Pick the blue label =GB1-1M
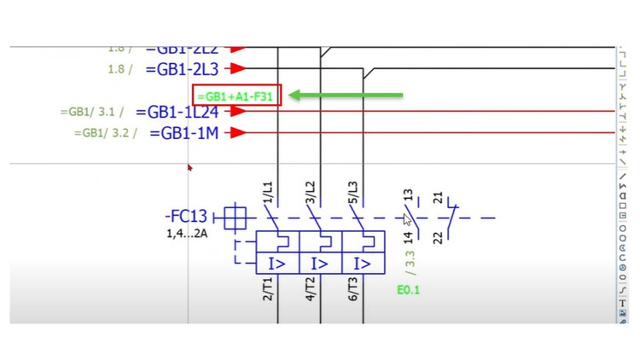(189, 133)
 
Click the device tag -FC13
(185, 218)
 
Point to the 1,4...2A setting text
(187, 233)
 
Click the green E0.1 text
(408, 290)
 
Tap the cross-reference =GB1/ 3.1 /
(92, 112)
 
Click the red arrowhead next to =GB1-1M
(239, 132)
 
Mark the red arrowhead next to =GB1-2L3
(239, 68)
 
